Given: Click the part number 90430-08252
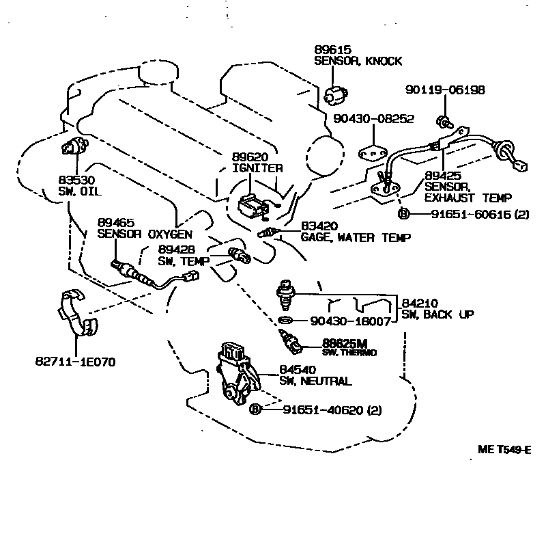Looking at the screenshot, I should (373, 119).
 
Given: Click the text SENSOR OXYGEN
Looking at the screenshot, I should (135, 233).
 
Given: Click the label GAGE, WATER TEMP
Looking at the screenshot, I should (356, 238).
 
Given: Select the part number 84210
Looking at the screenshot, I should (416, 303).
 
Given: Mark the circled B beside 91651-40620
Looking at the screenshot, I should (255, 409).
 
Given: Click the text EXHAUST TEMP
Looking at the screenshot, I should (468, 198).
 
